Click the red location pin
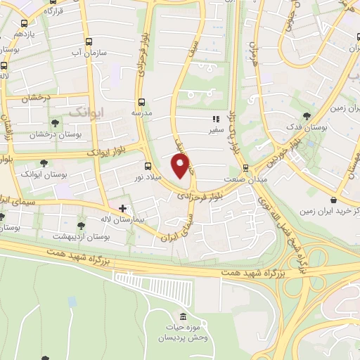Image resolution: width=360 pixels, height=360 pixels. pos(182,166)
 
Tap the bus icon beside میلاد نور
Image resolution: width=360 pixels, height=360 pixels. pos(148,167)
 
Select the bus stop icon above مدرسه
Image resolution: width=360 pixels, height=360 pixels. pos(141,102)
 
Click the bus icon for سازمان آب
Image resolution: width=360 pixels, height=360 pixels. pos(89,42)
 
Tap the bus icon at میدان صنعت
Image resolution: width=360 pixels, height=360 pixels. pos(245,167)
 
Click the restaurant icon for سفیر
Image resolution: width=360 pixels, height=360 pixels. pos(215,120)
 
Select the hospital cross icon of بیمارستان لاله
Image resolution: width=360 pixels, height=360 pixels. pos(123,208)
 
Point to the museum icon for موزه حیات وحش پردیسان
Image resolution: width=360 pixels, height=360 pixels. pos(183,318)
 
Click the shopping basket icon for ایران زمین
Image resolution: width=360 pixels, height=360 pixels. pos(332,200)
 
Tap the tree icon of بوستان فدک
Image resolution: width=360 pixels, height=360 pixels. pos(305,117)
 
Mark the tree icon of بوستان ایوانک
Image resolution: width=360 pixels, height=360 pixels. pos(44,163)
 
